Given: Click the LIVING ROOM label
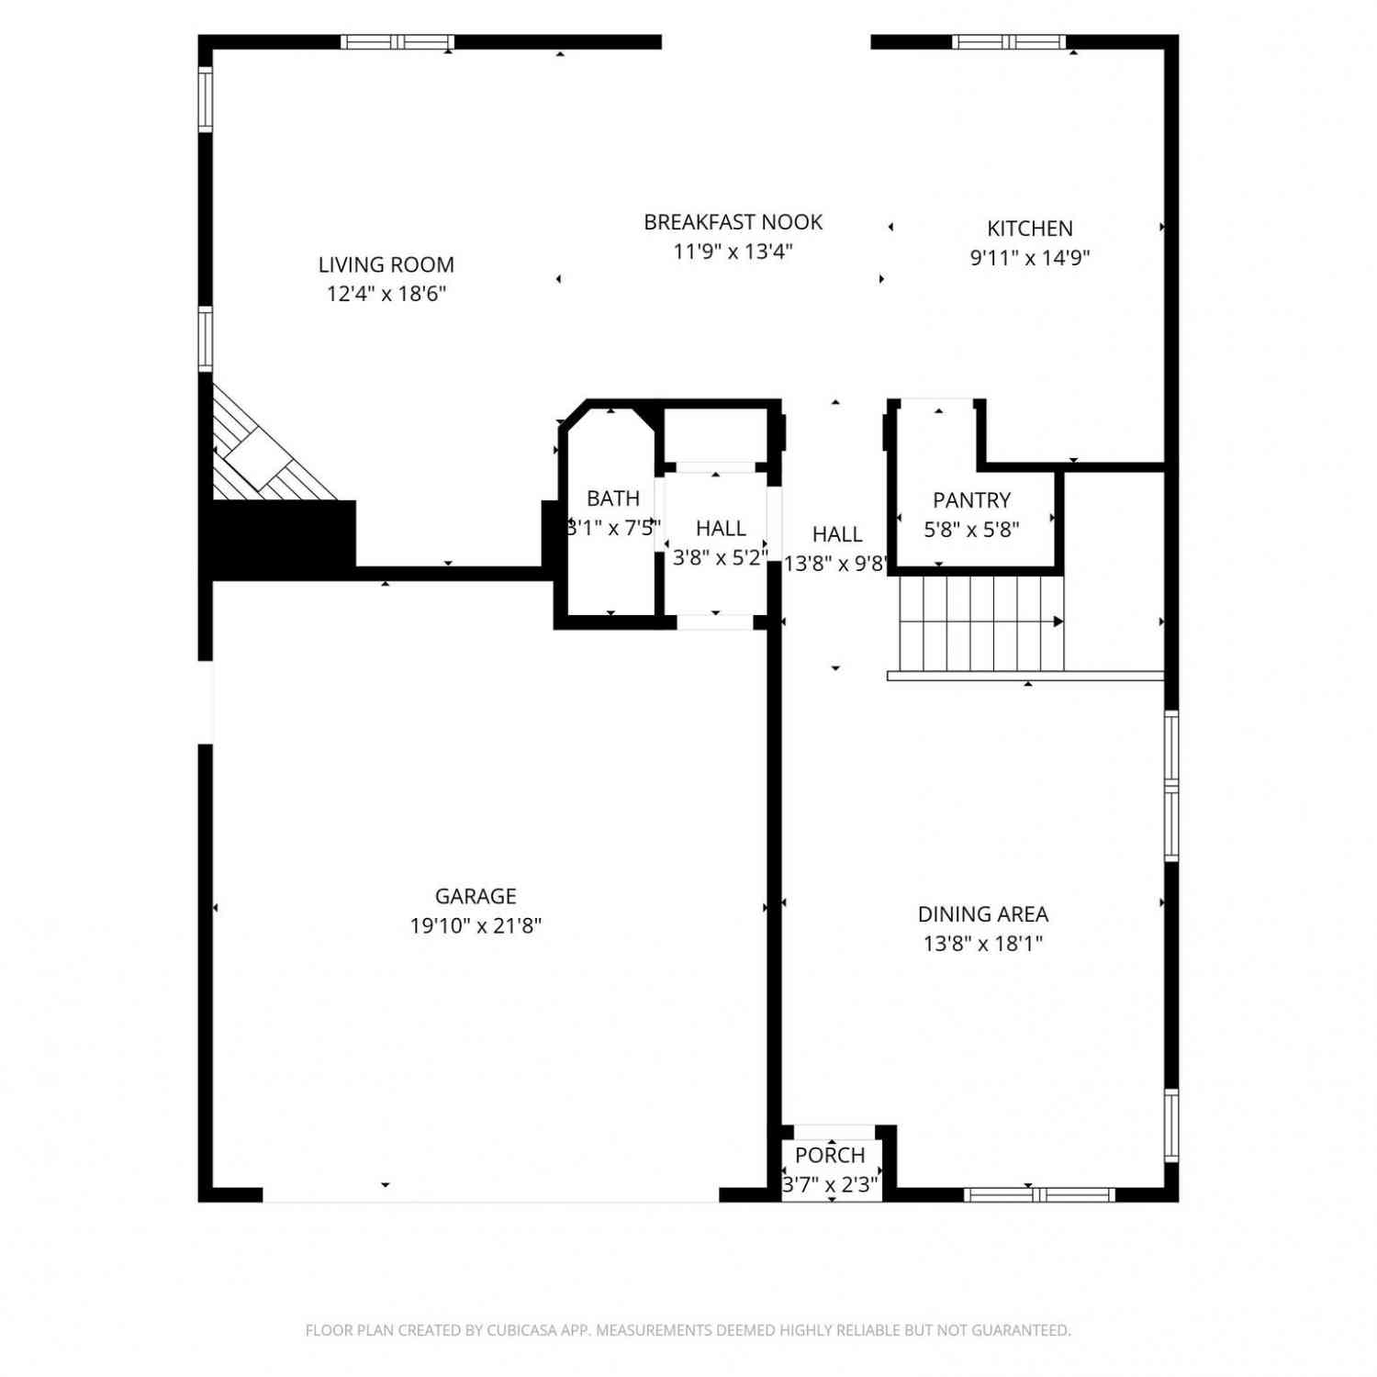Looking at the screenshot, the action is click(386, 264).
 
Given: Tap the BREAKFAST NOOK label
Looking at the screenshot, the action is click(733, 222).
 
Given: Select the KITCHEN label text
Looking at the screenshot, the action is click(1030, 229).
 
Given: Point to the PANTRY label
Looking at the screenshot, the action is click(971, 500).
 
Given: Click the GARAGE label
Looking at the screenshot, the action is click(476, 896).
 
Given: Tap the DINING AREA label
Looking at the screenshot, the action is click(983, 914).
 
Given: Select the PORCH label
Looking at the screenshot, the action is click(830, 1156).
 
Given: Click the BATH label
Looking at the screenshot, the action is click(613, 498).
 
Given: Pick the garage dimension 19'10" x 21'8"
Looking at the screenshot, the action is click(476, 925).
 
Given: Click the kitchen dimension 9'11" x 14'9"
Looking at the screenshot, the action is click(1030, 258).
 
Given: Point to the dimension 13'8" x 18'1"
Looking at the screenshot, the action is click(983, 944).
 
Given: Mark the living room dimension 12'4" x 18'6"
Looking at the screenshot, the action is click(386, 294).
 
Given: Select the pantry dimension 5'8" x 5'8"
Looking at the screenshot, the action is click(971, 530).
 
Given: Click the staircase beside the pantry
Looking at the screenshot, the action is click(981, 623).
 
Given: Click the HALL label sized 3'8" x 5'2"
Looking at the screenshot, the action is click(721, 529).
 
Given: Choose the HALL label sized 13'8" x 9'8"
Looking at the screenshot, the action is click(837, 534).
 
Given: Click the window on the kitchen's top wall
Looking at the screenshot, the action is click(1009, 41).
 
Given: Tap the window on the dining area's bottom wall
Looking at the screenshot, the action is click(1039, 1194).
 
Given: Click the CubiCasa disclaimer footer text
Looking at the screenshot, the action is click(688, 1330).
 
